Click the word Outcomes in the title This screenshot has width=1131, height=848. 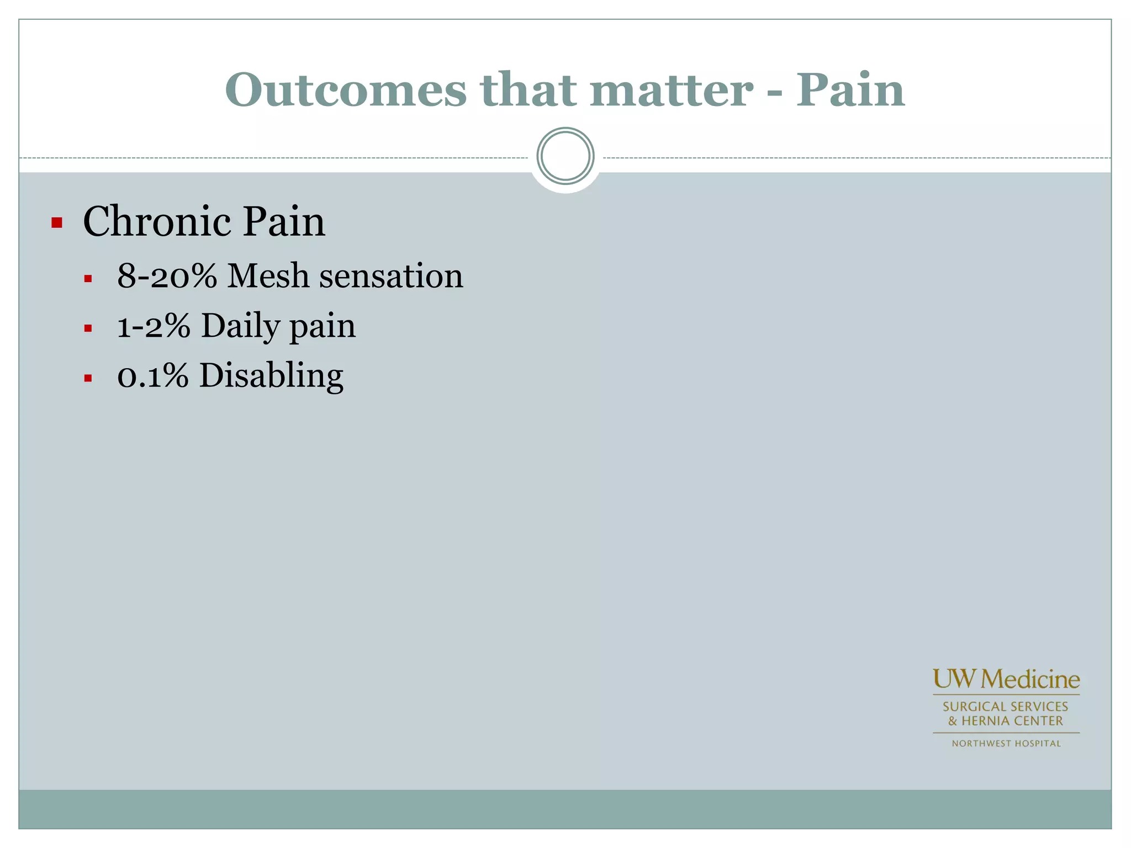click(346, 90)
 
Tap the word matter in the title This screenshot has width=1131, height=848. click(671, 90)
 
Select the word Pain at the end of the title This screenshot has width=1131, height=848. click(850, 90)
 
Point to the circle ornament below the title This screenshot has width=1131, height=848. click(565, 156)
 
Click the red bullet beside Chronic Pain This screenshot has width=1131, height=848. click(56, 223)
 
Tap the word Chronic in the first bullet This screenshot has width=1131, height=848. click(156, 221)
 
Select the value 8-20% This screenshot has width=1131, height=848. click(167, 275)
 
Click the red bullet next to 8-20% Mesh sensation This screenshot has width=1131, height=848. click(88, 279)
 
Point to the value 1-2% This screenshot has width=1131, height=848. click(154, 326)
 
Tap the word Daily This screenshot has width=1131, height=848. click(240, 326)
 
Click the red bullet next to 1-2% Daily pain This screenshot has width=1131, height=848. click(88, 329)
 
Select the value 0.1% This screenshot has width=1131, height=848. click(153, 375)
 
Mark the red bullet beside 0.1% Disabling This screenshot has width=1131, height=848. click(88, 379)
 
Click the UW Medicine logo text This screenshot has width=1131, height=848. click(1006, 680)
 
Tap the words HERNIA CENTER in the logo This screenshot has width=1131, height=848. click(1012, 721)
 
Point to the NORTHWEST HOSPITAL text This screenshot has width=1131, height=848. click(1006, 744)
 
